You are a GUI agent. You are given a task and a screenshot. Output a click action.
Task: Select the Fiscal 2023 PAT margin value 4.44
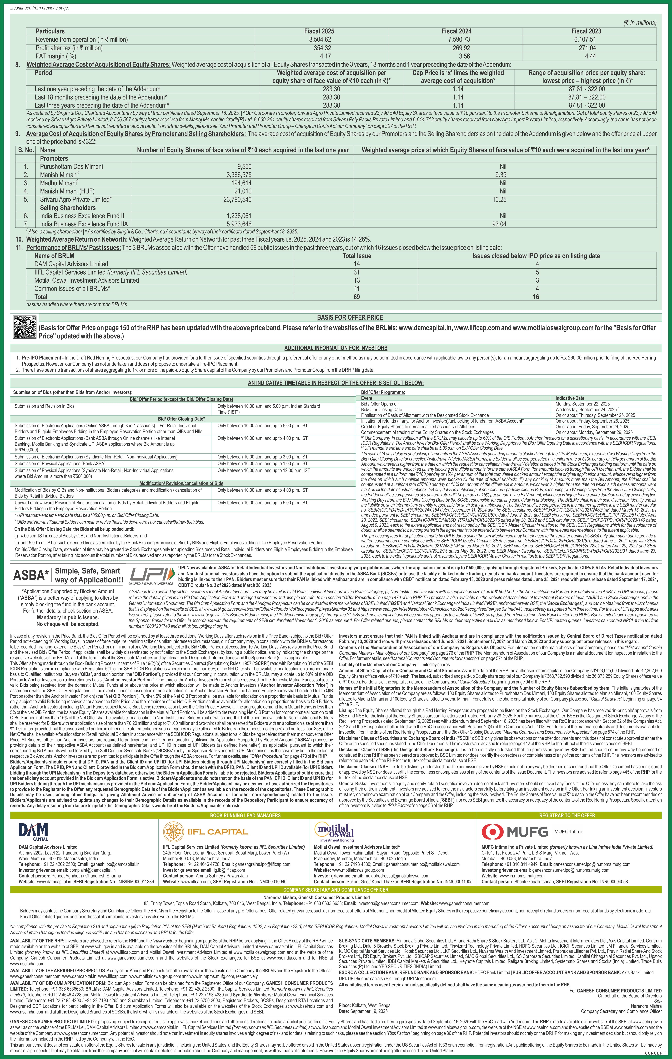pyautogui.click(x=590, y=56)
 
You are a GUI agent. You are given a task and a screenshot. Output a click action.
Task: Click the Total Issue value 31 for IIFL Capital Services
pyautogui.click(x=357, y=272)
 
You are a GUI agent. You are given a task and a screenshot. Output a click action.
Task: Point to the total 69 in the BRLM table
pyautogui.click(x=357, y=297)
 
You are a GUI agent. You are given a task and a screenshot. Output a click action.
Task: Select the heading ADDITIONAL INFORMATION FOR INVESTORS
pyautogui.click(x=335, y=348)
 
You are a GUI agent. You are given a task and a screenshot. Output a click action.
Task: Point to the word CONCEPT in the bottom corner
pyautogui.click(x=655, y=1053)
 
